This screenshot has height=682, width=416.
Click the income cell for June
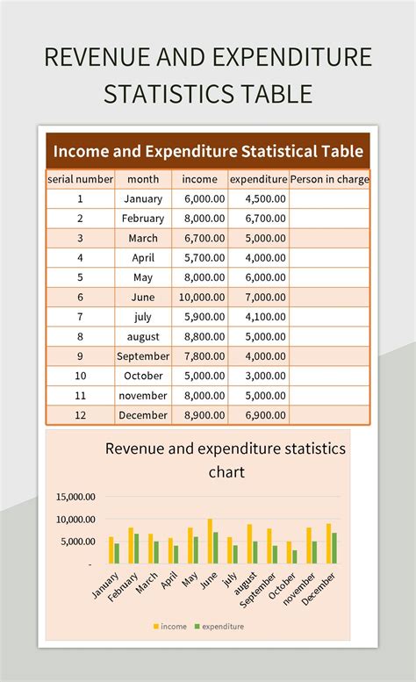click(203, 298)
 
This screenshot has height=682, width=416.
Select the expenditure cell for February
click(258, 219)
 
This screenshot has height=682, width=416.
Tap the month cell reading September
click(143, 356)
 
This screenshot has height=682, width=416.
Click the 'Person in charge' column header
click(330, 179)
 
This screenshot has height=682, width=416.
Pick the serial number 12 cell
click(80, 415)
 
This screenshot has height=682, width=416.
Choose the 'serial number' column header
click(80, 179)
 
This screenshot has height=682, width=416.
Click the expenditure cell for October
click(258, 376)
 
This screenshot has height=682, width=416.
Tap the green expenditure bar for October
click(295, 556)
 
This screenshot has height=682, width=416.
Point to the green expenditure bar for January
click(116, 553)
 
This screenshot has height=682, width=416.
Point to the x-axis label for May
click(187, 581)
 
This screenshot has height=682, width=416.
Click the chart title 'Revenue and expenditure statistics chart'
click(226, 459)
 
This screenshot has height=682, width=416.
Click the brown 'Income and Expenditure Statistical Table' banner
click(208, 151)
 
